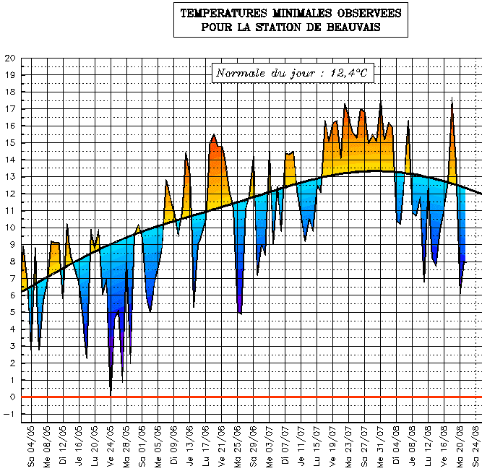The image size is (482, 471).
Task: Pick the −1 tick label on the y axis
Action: [x=8, y=414]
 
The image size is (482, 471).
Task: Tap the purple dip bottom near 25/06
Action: [x=239, y=312]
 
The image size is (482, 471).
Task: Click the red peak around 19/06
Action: [x=214, y=135]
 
